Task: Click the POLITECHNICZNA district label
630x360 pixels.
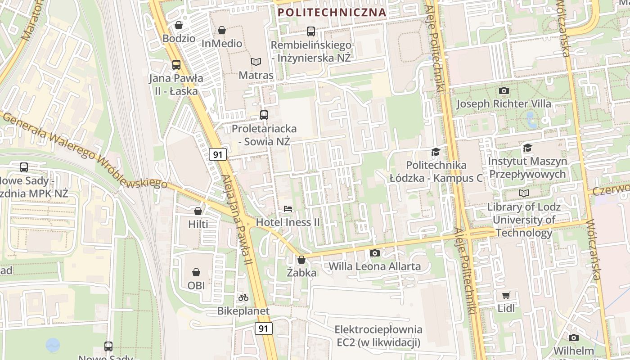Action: (332, 12)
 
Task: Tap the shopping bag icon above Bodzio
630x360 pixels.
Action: (179, 25)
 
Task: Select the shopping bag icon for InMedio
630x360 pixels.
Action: (222, 30)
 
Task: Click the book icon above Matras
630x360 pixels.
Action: (256, 62)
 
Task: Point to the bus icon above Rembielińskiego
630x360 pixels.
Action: (311, 31)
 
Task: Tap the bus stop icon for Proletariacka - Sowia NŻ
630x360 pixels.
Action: (264, 115)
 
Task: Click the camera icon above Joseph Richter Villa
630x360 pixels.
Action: (504, 90)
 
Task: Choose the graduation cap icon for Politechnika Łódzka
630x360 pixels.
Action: (435, 152)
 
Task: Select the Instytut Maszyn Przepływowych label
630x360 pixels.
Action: (527, 167)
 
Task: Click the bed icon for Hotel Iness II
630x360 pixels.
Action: (288, 209)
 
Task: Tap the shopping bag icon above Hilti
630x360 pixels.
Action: (198, 211)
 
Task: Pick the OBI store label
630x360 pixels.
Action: (196, 285)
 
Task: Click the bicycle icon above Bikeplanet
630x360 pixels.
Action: (243, 297)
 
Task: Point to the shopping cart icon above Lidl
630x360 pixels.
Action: (506, 296)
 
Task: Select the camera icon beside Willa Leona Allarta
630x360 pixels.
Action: (374, 253)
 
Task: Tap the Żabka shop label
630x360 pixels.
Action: (301, 273)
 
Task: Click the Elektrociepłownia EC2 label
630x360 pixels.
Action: (378, 336)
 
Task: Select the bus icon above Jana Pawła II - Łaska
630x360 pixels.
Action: (176, 65)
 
